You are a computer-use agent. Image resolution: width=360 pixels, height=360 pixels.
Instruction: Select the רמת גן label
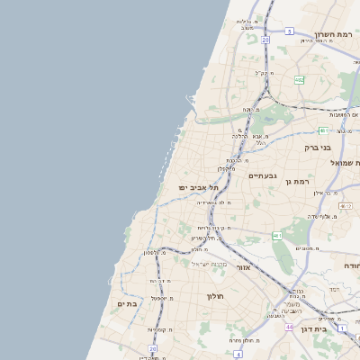pos(295,182)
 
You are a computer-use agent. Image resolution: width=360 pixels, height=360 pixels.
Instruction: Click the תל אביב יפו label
pos(193,186)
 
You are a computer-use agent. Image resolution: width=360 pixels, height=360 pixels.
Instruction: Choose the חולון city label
pos(214,296)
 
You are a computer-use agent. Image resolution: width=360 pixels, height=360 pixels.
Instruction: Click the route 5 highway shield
pos(290,31)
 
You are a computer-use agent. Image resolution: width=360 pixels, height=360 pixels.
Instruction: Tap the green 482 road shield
pos(299,80)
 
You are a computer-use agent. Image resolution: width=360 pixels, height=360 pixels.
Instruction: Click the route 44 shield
pos(289,328)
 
